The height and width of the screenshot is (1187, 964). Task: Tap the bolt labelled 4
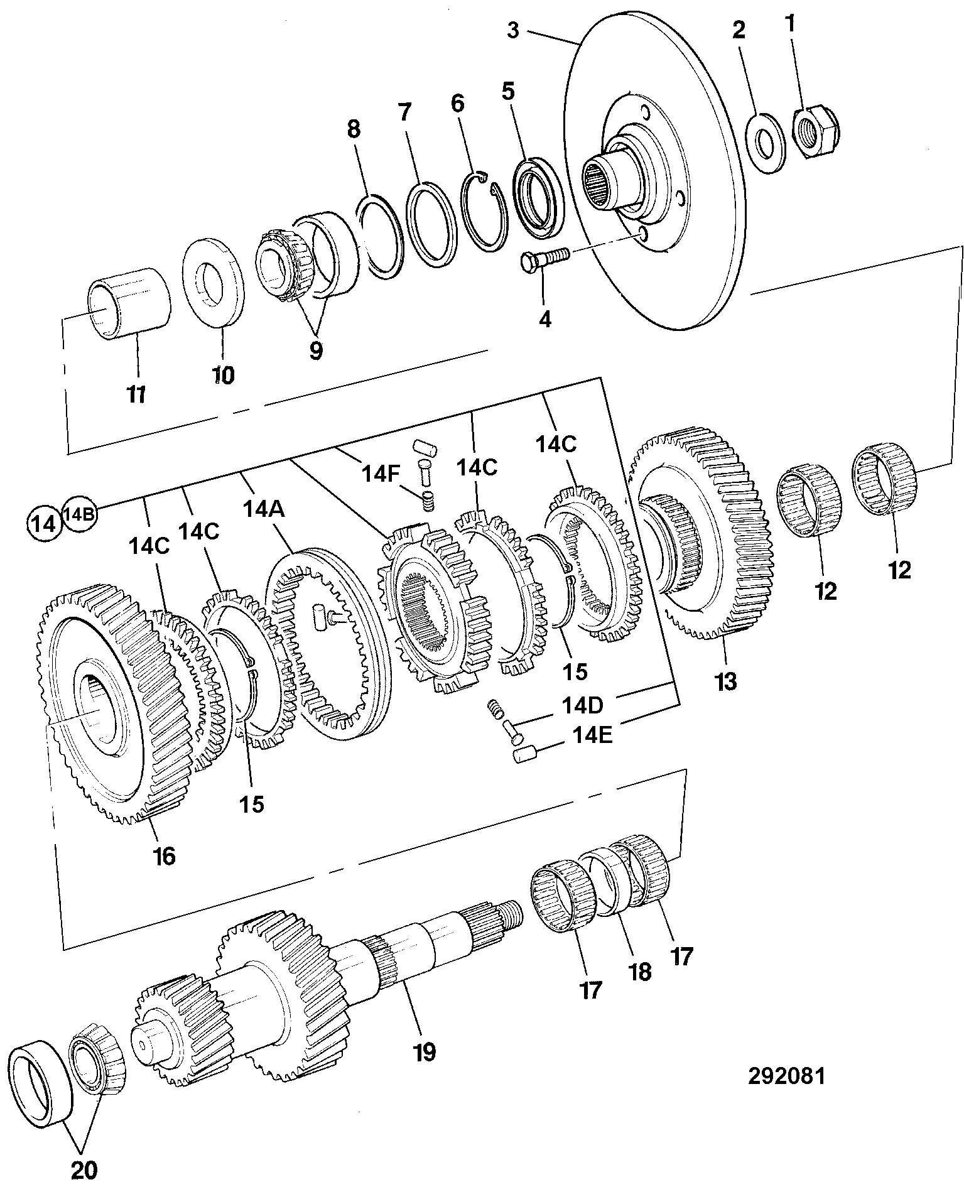[x=544, y=259]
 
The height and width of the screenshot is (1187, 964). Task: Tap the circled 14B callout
[x=79, y=513]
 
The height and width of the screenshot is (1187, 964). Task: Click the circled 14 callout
[x=44, y=523]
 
